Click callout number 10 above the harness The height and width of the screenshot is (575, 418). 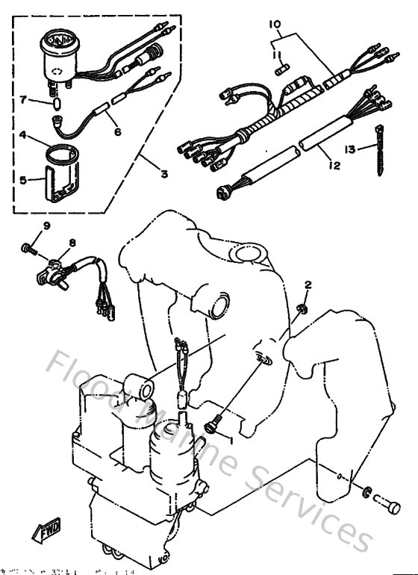276,25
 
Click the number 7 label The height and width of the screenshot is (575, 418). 22,99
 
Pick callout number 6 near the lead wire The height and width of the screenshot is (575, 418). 116,131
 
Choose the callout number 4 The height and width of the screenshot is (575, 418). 22,136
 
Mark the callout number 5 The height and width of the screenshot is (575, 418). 22,179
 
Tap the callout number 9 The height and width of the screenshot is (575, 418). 46,226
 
